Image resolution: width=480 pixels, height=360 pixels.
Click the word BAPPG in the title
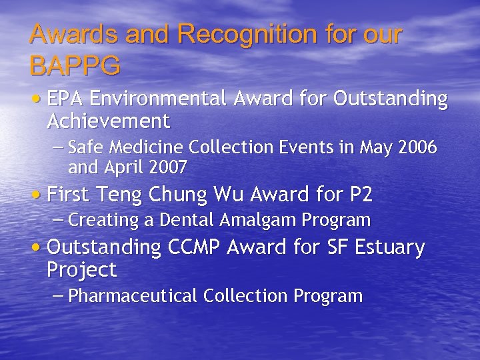coord(75,65)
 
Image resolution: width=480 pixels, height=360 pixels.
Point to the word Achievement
coord(109,121)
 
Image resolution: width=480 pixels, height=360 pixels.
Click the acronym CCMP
coord(193,248)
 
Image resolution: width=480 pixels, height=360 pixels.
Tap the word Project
coord(82,270)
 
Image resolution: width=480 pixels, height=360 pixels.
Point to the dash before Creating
coord(58,219)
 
